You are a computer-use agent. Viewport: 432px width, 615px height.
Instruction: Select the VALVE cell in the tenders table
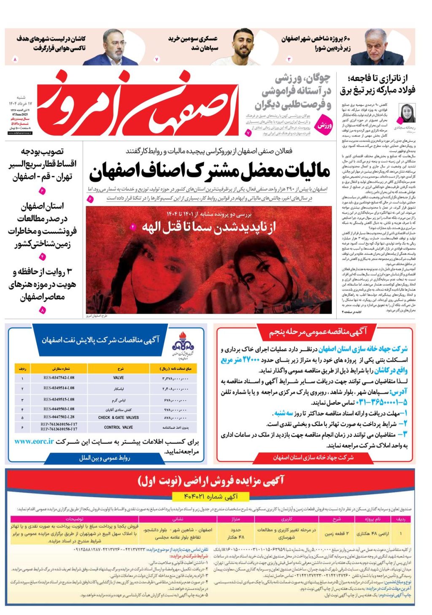[119, 378]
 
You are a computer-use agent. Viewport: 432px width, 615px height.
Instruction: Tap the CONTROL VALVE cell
[119, 427]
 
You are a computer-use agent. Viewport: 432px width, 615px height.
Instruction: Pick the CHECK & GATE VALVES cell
[119, 417]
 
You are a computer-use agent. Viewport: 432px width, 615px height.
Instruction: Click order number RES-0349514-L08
[59, 388]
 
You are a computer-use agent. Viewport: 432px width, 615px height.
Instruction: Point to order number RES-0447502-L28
[59, 417]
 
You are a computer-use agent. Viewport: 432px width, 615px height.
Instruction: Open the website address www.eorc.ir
[34, 442]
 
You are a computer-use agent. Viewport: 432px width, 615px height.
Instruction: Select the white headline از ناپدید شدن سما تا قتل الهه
[209, 228]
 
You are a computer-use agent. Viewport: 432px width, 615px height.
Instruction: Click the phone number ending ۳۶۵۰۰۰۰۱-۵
[381, 402]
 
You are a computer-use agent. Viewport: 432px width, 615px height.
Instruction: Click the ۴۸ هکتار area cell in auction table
[235, 534]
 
